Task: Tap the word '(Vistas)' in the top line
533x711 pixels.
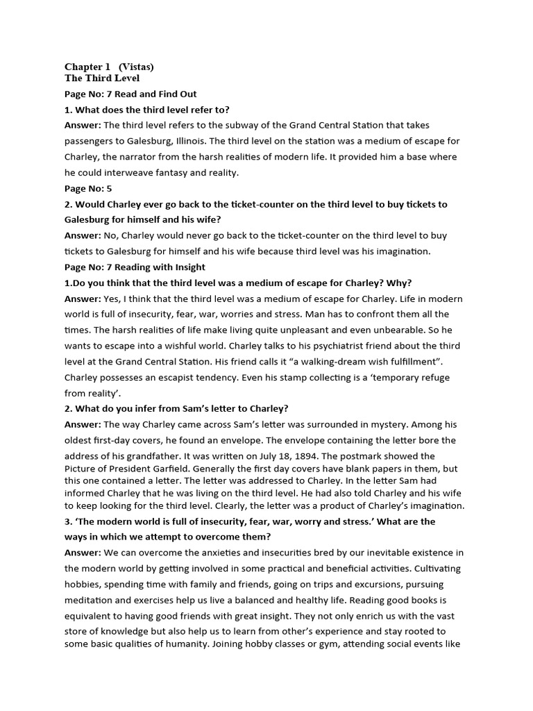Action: (x=136, y=67)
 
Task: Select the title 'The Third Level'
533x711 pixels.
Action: (x=102, y=78)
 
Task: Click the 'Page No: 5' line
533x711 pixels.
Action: (x=88, y=188)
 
